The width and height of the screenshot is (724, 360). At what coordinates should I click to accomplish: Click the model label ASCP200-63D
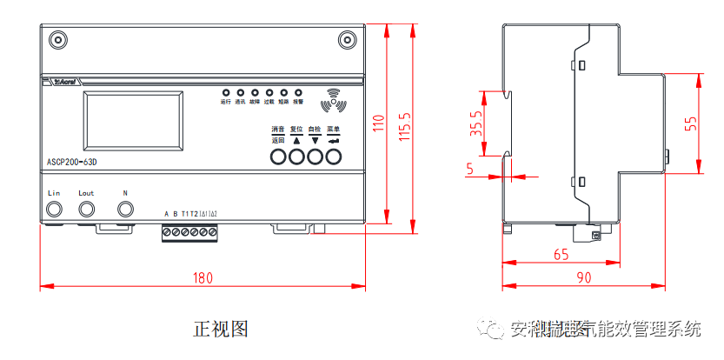pos(71,162)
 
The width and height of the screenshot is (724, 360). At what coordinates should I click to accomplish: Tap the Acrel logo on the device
pos(65,83)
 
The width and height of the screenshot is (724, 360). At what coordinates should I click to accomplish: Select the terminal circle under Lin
pos(54,209)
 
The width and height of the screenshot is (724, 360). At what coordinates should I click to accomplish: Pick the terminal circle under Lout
pos(87,209)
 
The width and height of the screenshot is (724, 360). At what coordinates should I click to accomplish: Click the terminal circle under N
pos(126,209)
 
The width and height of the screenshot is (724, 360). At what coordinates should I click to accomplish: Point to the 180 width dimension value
pos(202,278)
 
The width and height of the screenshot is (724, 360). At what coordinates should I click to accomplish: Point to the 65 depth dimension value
pos(561,255)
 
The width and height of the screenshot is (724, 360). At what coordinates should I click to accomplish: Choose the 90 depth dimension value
pos(583,278)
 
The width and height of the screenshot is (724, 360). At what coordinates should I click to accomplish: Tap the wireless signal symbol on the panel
pos(333,101)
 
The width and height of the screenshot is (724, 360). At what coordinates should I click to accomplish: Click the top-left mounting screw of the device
pos(59,40)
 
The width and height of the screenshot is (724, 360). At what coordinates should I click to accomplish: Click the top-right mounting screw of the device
pos(346,40)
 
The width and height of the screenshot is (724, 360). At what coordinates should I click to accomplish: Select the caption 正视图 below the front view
pos(221,329)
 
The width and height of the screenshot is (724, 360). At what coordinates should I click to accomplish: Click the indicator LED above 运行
pos(225,91)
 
